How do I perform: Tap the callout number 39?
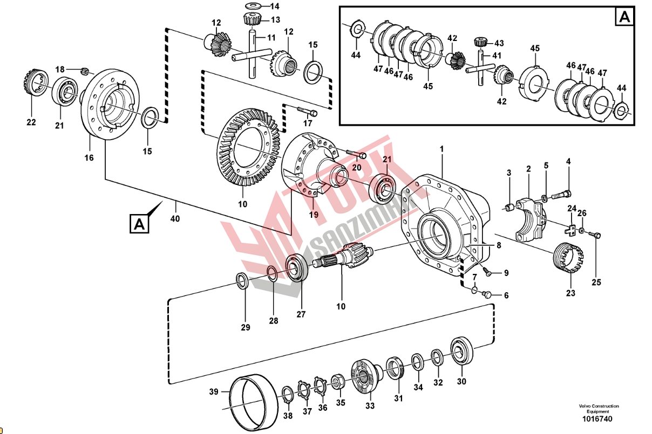click(214, 391)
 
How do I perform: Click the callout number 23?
click(570, 293)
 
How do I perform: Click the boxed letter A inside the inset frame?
click(624, 17)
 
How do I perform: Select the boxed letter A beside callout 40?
click(139, 224)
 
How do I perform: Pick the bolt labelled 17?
click(306, 112)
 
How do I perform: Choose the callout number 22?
click(31, 122)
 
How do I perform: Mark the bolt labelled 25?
click(595, 235)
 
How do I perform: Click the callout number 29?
click(246, 327)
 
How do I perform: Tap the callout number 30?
click(461, 381)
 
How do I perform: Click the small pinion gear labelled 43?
click(480, 42)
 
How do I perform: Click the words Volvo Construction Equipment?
click(599, 409)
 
